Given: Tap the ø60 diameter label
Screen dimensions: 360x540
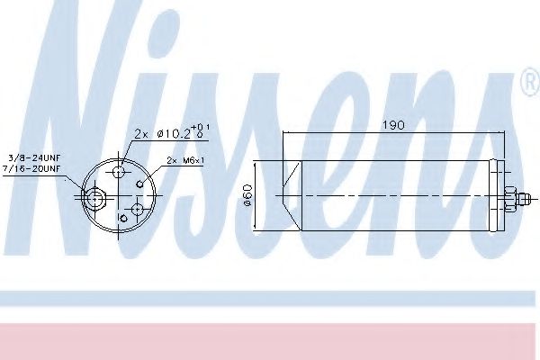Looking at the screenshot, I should point(247,194).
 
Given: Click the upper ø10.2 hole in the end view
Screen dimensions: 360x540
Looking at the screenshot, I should point(121,170).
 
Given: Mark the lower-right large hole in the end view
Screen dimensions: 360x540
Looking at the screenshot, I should point(136,209).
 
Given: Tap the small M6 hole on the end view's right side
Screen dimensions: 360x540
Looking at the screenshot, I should point(140,183).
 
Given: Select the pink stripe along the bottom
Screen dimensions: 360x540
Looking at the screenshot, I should point(270,340).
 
